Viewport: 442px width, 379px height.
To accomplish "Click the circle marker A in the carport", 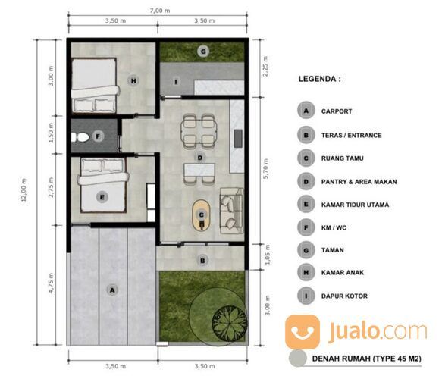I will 113,289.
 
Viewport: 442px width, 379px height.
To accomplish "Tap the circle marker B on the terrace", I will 202,261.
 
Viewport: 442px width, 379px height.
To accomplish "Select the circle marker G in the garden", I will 202,52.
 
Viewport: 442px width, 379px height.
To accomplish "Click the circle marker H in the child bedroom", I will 133,81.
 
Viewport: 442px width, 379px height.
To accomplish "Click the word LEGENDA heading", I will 320,78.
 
